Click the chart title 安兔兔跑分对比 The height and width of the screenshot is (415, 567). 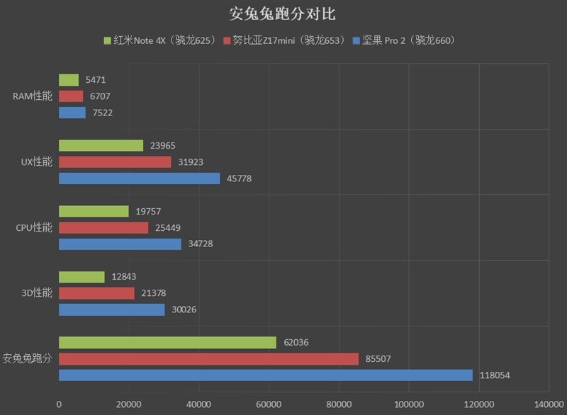pyautogui.click(x=283, y=15)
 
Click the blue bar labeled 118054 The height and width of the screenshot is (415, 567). pyautogui.click(x=266, y=375)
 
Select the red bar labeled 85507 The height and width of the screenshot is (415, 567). pyautogui.click(x=208, y=359)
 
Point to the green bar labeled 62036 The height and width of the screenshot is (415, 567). pyautogui.click(x=167, y=343)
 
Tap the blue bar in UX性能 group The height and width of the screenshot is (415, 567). pyautogui.click(x=139, y=178)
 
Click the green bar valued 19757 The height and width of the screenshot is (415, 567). pyautogui.click(x=94, y=211)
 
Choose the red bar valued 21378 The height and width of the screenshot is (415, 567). pyautogui.click(x=96, y=293)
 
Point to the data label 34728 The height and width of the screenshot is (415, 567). pyautogui.click(x=201, y=244)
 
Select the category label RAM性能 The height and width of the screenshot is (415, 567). pyautogui.click(x=33, y=96)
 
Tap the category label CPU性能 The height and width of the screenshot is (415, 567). pyautogui.click(x=34, y=227)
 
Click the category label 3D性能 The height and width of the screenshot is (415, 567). pyautogui.click(x=35, y=293)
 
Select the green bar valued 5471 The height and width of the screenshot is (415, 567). pyautogui.click(x=69, y=80)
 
